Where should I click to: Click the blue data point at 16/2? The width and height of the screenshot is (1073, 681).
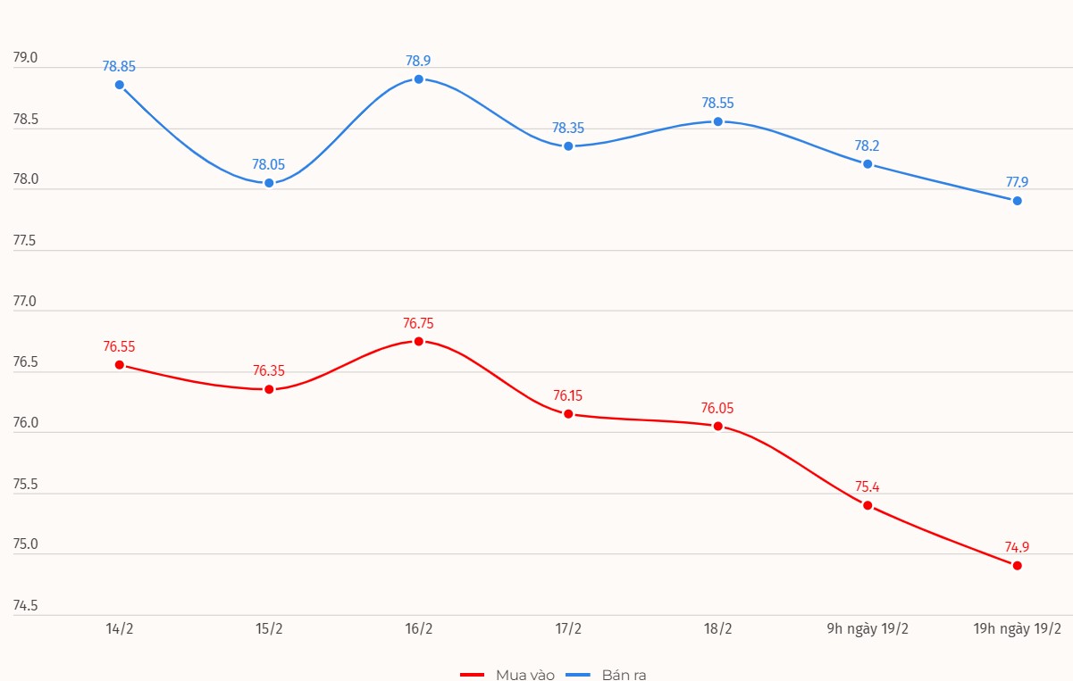418,79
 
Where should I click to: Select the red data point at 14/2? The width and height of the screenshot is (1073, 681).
119,365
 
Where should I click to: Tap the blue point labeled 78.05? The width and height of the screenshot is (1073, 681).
269,183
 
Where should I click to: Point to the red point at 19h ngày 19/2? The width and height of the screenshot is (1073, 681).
1017,565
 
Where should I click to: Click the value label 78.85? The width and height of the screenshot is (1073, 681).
119,66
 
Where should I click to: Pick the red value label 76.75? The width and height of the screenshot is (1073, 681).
418,323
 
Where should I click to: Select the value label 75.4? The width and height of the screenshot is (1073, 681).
868,487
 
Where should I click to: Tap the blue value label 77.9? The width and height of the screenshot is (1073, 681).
1017,182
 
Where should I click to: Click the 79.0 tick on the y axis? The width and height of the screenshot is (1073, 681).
25,58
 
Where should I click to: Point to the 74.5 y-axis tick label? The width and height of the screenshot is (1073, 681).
25,606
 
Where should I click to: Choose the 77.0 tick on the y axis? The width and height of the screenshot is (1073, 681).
25,302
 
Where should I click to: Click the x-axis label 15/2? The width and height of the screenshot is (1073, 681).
269,629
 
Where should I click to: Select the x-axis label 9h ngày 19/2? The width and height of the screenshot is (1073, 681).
868,629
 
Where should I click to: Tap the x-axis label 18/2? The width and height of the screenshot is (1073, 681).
717,629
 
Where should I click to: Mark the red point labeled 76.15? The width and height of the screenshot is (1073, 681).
568,414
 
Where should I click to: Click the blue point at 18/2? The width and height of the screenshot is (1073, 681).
717,121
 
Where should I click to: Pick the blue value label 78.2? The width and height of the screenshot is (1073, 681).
868,145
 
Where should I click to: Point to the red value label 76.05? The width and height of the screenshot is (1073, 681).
717,408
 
